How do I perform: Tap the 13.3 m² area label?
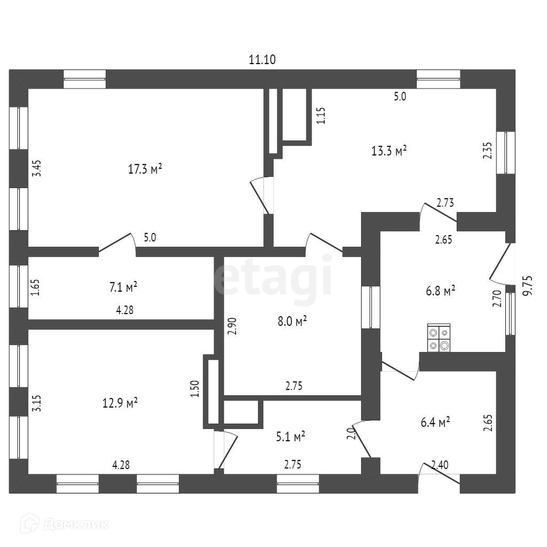click(389, 151)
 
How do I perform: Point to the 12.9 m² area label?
click(120, 403)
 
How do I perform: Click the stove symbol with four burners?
click(439, 338)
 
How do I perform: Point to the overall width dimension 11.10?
click(262, 60)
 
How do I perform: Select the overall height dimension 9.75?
click(528, 286)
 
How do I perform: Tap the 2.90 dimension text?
click(231, 325)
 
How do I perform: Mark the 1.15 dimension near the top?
click(321, 116)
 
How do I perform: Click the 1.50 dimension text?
click(195, 388)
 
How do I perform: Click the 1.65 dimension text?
click(35, 287)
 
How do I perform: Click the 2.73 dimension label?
click(446, 202)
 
